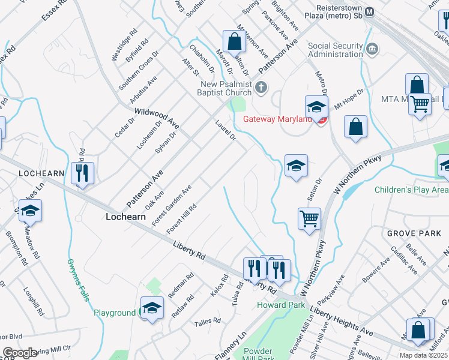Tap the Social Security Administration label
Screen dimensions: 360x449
coord(336,50)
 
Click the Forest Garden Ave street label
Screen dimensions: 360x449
coord(172,205)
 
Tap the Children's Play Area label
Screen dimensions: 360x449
coord(411,190)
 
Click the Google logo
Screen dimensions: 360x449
coord(19,353)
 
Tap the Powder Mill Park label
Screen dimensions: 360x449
coord(258,355)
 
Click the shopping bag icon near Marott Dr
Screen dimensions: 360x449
coord(234,42)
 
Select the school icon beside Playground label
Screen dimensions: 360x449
coord(152,308)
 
